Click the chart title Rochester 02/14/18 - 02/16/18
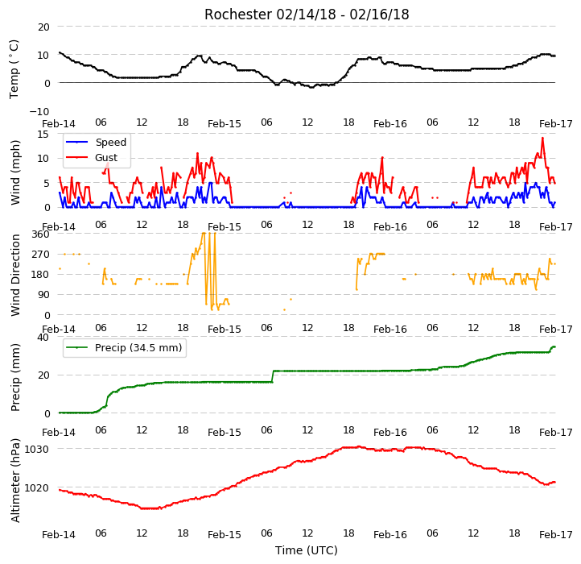point(307,15)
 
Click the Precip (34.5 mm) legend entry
point(124,348)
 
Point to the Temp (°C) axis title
point(14,69)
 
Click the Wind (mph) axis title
point(14,172)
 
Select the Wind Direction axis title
point(14,275)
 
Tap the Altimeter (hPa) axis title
point(14,480)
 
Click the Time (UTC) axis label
point(307,550)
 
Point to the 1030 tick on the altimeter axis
point(36,450)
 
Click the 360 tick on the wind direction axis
point(40,234)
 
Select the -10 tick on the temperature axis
point(39,111)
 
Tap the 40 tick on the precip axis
point(43,338)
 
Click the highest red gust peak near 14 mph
point(542,138)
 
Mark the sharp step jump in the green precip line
point(273,376)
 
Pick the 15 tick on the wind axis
point(43,134)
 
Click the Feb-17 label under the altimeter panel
point(556,535)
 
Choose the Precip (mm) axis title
point(14,378)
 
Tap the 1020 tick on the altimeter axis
point(36,487)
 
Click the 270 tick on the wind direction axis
point(40,255)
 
